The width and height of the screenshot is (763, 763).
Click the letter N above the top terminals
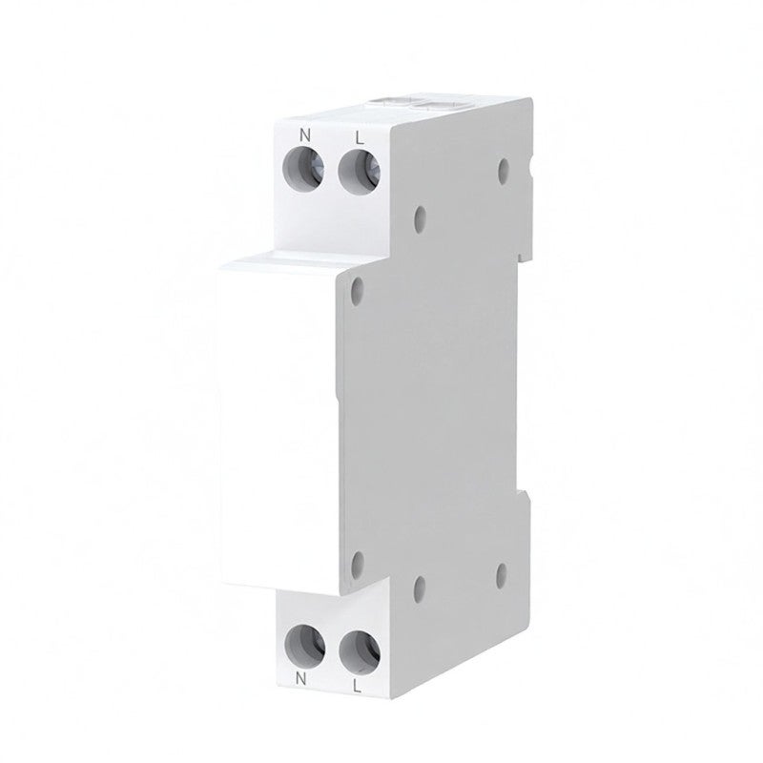pyautogui.click(x=304, y=134)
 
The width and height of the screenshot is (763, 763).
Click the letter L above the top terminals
pyautogui.click(x=360, y=138)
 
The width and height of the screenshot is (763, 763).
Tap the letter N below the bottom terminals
pyautogui.click(x=301, y=680)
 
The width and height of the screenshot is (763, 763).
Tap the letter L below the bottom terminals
pyautogui.click(x=357, y=687)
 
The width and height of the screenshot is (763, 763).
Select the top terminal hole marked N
pyautogui.click(x=303, y=170)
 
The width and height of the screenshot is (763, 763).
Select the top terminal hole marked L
pyautogui.click(x=360, y=173)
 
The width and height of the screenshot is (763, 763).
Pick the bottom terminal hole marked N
pyautogui.click(x=305, y=645)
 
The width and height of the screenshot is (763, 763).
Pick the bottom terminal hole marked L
pyautogui.click(x=360, y=652)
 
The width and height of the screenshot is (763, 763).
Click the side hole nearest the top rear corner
pyautogui.click(x=504, y=170)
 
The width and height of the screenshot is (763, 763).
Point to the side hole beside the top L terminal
pyautogui.click(x=420, y=219)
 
